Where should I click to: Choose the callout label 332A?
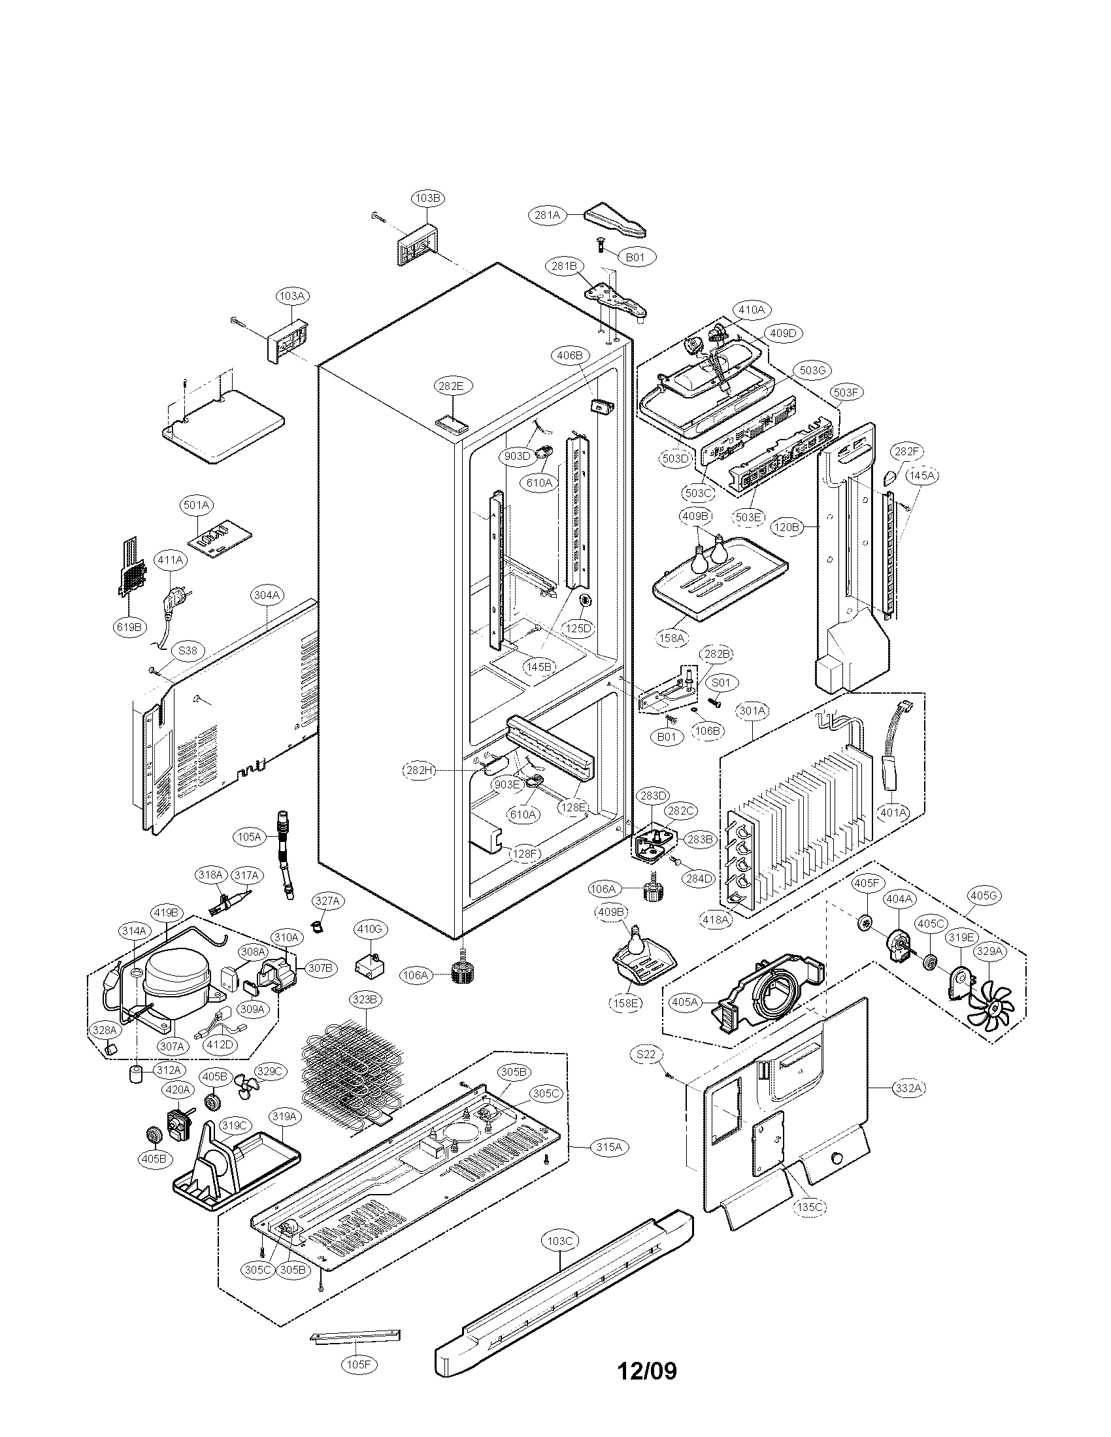[908, 1088]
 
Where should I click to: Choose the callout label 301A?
[752, 711]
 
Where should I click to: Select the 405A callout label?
[684, 1020]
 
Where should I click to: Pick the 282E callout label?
[451, 386]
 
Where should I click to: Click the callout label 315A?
[609, 1148]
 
